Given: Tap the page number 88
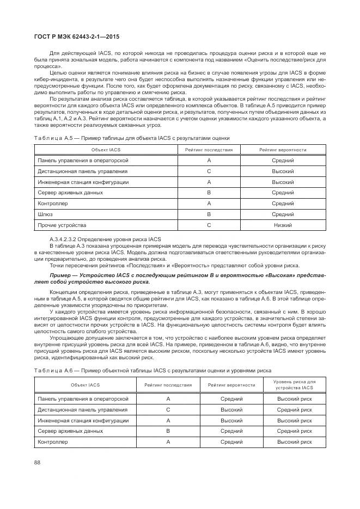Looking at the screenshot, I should click(x=37, y=463).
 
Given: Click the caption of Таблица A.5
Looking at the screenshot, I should click(x=132, y=138).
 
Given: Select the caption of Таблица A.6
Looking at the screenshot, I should click(x=152, y=370).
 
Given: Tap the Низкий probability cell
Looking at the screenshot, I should click(x=283, y=225).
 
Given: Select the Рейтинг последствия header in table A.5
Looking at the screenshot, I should click(x=209, y=150).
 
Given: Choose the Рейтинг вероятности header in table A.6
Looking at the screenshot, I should click(x=231, y=385).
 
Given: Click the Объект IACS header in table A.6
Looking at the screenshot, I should click(x=85, y=385).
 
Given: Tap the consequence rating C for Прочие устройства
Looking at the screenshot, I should click(x=209, y=225).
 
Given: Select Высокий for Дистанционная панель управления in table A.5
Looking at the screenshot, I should click(x=283, y=171).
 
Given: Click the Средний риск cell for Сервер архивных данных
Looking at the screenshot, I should click(x=295, y=431).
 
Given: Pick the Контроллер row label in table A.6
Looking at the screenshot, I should click(x=52, y=442).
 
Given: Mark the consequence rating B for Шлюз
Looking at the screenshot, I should click(x=209, y=214).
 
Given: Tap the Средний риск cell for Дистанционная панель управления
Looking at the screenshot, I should click(x=295, y=409).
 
